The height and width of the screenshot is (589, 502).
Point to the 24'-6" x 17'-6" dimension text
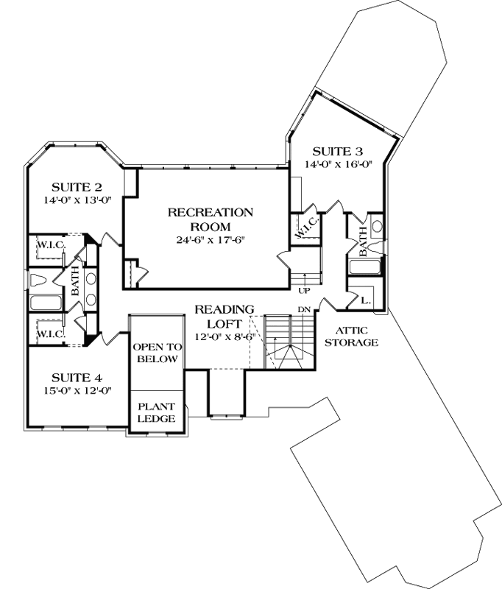pos(211,240)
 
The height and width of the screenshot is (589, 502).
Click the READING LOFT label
pos(225,315)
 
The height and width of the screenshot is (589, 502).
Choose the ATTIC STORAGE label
pos(356,336)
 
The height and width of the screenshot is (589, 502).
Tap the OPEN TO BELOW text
pos(155,353)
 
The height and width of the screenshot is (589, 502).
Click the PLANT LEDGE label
pos(155,412)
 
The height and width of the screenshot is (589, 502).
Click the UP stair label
pos(304,290)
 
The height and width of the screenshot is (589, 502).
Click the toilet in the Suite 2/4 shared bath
pos(42,280)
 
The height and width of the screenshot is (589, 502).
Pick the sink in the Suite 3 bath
pos(378,226)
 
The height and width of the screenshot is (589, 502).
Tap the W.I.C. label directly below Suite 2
pos(47,243)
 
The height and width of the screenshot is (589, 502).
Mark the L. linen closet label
pos(367,300)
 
